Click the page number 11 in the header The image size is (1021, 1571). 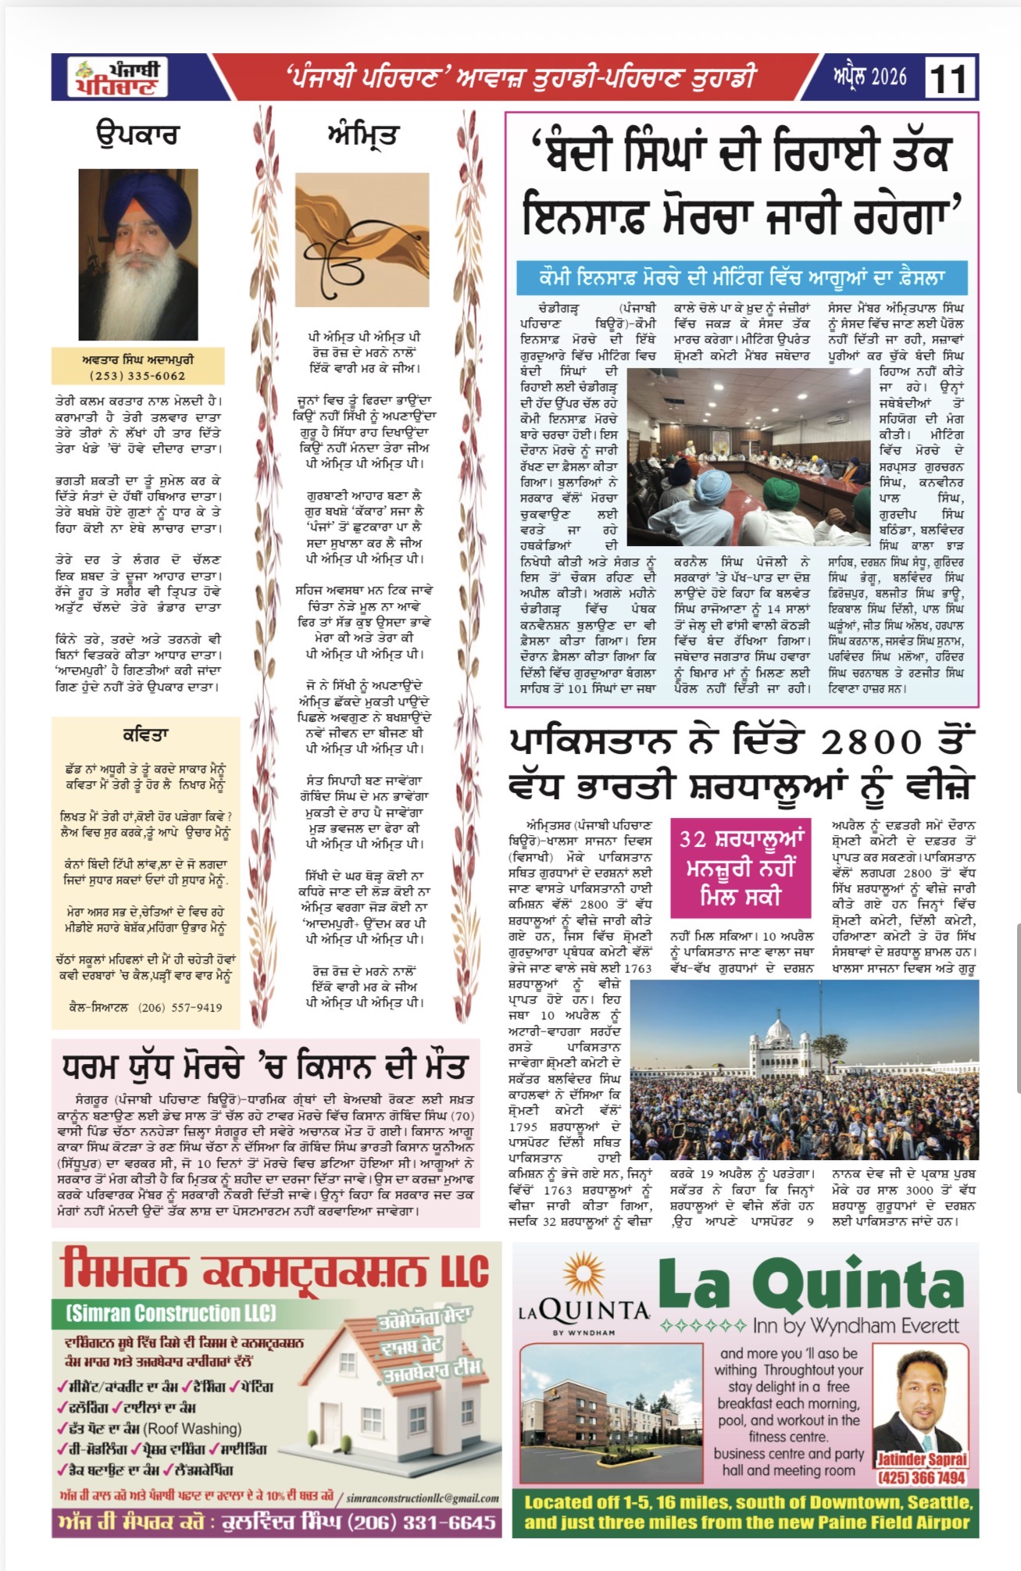click(x=949, y=79)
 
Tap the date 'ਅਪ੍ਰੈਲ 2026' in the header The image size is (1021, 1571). click(x=869, y=77)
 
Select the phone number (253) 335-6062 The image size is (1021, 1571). click(x=137, y=375)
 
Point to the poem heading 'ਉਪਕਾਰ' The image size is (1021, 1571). click(x=137, y=134)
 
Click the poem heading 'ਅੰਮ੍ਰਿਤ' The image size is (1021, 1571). click(x=362, y=134)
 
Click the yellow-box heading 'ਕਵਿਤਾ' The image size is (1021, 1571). click(x=145, y=734)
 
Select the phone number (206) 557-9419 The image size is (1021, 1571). click(x=180, y=1007)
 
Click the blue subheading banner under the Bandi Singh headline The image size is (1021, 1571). click(x=741, y=277)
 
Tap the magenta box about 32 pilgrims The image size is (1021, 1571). click(x=741, y=867)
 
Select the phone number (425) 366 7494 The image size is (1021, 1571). click(x=922, y=1477)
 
